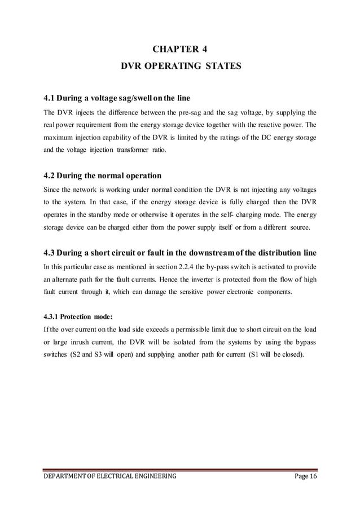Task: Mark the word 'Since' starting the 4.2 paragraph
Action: click(x=53, y=188)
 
